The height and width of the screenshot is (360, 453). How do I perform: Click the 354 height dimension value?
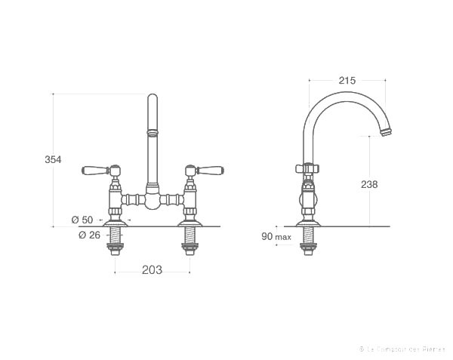53,159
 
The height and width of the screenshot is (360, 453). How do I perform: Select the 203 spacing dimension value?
153,270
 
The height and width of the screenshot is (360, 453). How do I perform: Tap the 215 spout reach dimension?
347,80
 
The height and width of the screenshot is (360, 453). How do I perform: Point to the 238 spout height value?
369,184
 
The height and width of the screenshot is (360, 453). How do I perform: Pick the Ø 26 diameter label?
89,235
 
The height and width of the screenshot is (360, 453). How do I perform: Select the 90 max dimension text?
276,237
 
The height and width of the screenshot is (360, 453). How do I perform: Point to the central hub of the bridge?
153,200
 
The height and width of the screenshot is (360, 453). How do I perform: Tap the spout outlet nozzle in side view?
387,134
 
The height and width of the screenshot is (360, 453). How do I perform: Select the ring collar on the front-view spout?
153,133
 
